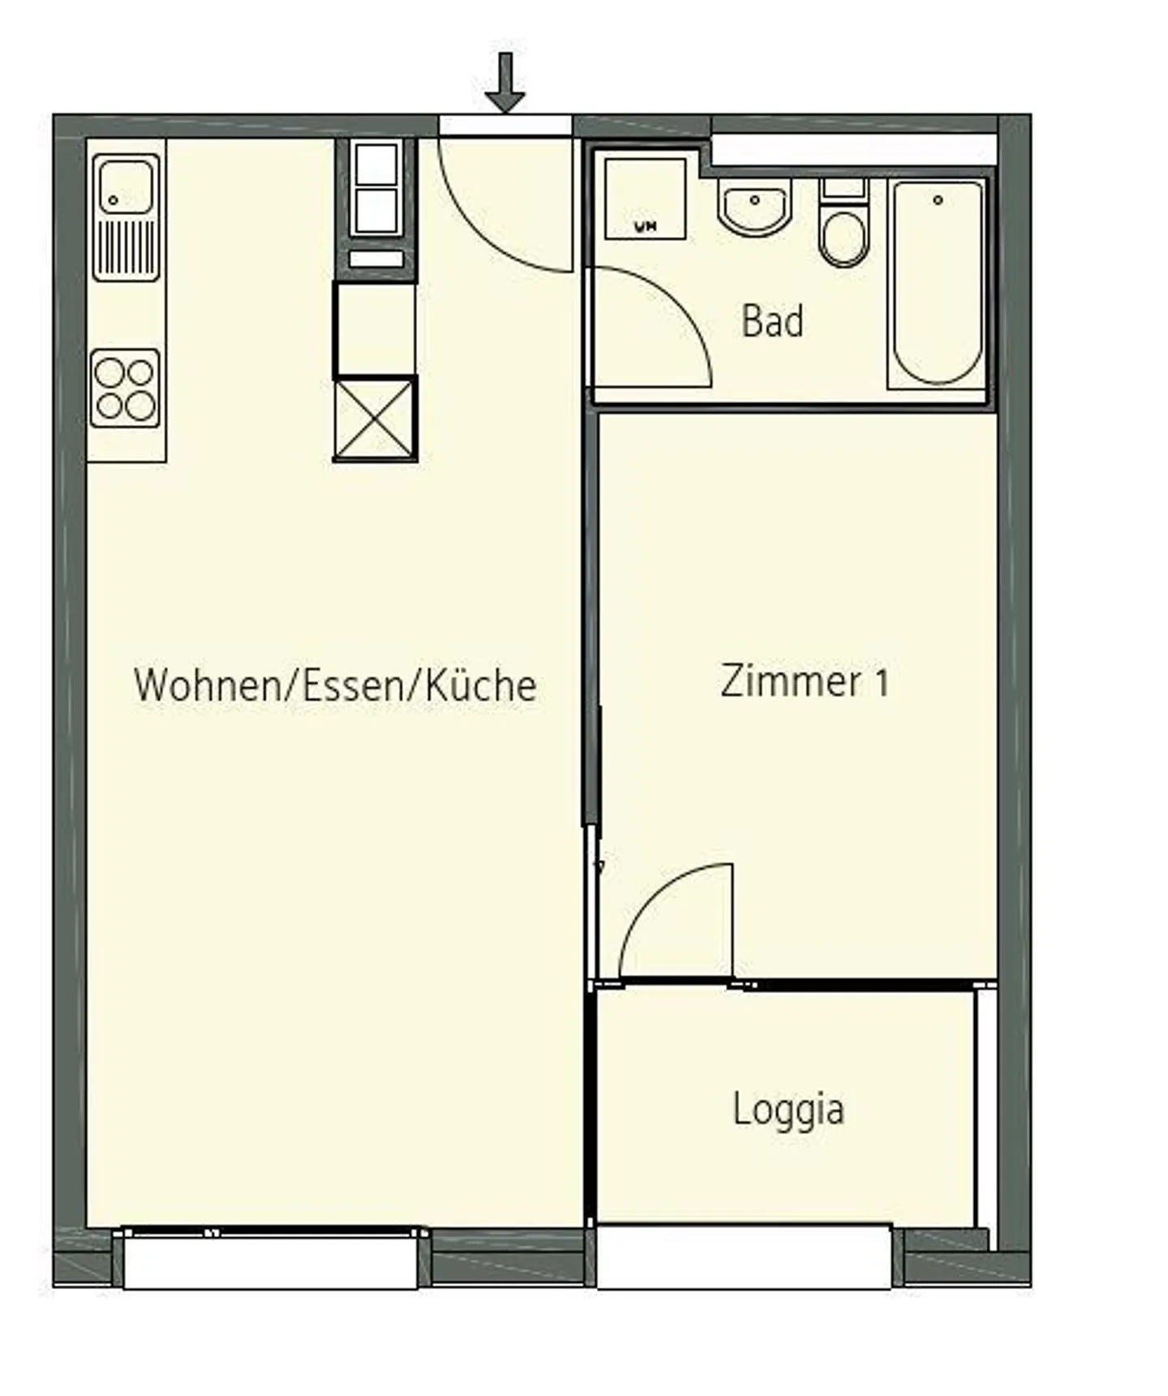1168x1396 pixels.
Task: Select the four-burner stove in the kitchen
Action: coord(125,389)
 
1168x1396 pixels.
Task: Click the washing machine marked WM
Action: coord(646,199)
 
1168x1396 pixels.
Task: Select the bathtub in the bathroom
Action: coord(937,284)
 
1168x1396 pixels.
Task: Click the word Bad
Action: coord(772,321)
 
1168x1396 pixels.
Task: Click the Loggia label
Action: coord(788,1109)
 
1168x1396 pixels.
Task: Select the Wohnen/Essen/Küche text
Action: coord(335,685)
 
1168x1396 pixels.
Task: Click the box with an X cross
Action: coord(375,419)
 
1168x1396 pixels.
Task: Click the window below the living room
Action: coord(270,1259)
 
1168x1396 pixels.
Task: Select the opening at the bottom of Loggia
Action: coord(743,1256)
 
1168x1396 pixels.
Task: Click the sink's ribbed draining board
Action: coord(125,248)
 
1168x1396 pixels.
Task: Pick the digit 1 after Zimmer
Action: coord(881,683)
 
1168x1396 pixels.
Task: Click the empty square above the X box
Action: coord(375,329)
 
